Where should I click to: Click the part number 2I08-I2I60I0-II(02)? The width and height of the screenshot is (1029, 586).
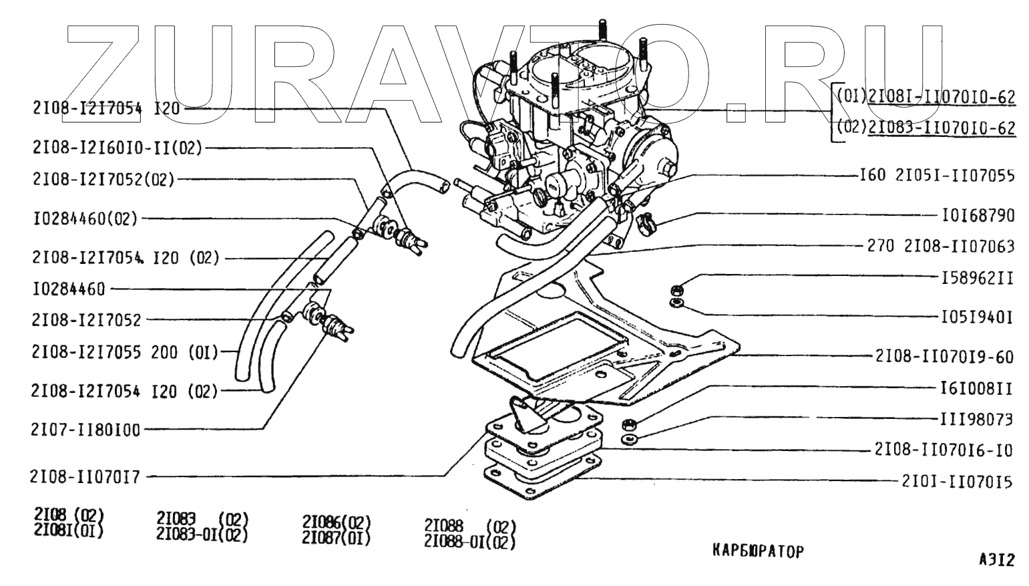click(x=116, y=148)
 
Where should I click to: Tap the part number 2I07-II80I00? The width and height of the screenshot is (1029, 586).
click(x=86, y=430)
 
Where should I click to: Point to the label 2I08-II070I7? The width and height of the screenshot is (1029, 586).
click(x=85, y=477)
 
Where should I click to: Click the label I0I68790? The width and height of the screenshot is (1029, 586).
click(x=978, y=216)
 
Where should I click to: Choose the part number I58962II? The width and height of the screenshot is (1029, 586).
click(x=978, y=278)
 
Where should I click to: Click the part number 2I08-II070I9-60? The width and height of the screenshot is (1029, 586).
click(x=944, y=357)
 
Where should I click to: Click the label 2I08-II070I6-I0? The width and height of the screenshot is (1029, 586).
click(x=944, y=450)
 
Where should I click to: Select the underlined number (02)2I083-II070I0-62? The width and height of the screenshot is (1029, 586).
click(x=925, y=127)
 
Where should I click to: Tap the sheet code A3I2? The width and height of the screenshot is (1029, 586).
click(x=996, y=561)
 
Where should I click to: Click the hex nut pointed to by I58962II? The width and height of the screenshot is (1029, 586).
click(x=675, y=290)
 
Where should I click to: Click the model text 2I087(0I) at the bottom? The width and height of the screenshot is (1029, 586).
click(x=336, y=538)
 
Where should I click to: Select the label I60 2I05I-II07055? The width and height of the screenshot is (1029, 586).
click(x=936, y=176)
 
